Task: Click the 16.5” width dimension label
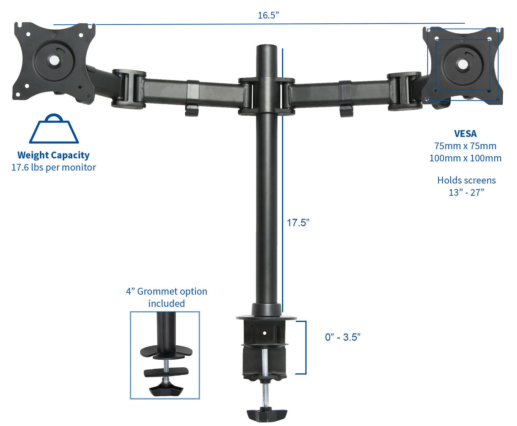pos(268,15)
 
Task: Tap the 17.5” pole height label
pos(298,222)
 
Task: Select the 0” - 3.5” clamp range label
pos(342,337)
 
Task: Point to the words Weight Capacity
pos(53,155)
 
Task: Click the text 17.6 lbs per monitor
pos(54,167)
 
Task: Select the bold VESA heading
pos(465,134)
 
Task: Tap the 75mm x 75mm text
pos(465,146)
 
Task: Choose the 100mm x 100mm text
pos(465,158)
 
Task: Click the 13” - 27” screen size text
pos(466,192)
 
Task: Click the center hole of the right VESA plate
pos(462,64)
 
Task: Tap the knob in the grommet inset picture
pos(165,389)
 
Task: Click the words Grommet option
pos(172,291)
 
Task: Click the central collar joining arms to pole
pos(267,96)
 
